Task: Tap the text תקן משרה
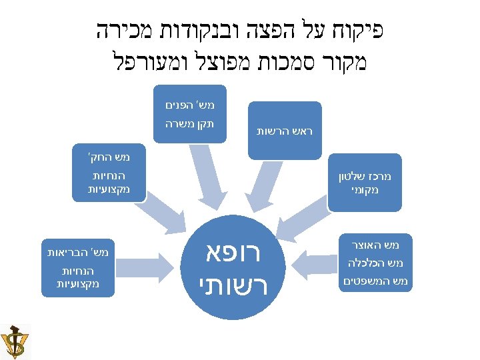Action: (x=190, y=123)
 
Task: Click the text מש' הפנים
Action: (x=190, y=105)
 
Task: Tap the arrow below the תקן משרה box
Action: (x=203, y=173)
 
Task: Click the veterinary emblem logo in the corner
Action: (x=15, y=341)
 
